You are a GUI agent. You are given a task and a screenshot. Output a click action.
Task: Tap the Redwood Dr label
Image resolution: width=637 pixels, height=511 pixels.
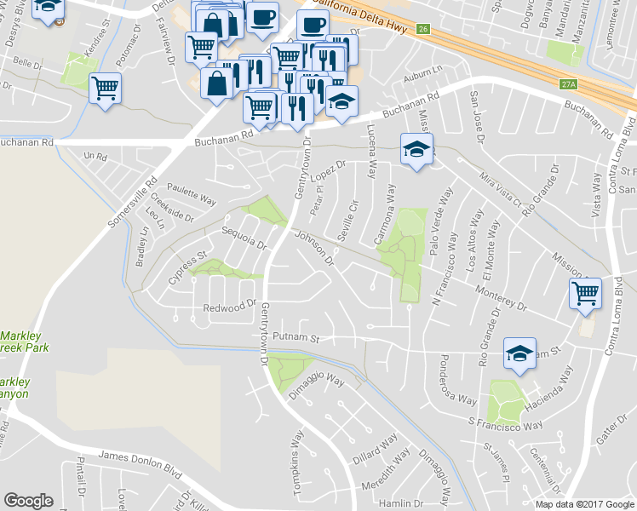pos(230,306)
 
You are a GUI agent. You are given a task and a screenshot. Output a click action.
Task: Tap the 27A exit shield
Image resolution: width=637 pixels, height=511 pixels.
pos(569,84)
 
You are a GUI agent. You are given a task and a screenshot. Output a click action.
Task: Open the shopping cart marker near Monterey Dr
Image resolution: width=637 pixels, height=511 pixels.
pos(585,294)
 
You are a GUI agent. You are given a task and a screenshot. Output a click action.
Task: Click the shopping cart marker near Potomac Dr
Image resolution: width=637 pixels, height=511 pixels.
pos(105,87)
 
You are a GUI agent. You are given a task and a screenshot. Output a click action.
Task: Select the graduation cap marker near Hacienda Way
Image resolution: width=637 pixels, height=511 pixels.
pos(519,353)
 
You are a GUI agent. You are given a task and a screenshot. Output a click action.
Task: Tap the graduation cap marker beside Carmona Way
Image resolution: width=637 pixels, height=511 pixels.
pos(416,149)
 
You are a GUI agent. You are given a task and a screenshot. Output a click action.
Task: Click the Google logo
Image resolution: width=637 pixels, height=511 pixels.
pos(29,501)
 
